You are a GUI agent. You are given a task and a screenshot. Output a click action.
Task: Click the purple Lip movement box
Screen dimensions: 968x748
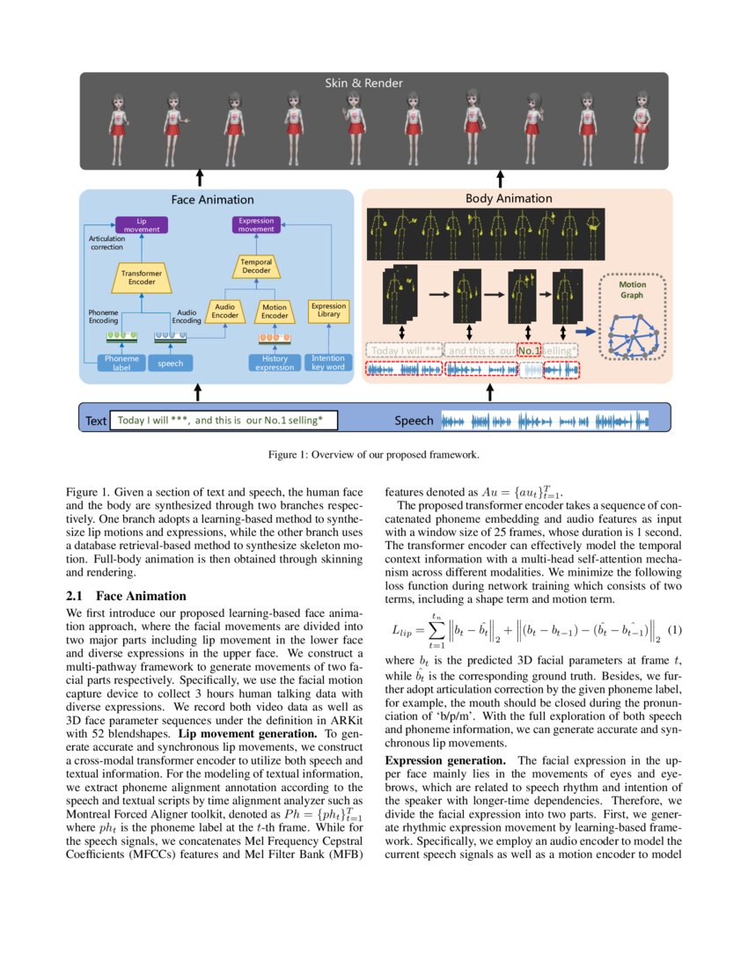point(142,224)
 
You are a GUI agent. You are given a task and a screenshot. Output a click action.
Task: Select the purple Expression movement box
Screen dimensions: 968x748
point(256,224)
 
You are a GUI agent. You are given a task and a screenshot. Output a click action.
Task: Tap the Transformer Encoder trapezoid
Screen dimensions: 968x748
point(138,278)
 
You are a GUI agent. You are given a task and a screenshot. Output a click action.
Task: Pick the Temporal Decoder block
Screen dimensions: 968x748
point(256,266)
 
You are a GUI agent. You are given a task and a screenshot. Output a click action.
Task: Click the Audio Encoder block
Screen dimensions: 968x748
point(224,311)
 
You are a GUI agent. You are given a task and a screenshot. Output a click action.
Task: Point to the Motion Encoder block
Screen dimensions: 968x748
point(275,311)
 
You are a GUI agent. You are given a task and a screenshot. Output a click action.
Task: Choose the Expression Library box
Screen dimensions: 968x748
point(327,311)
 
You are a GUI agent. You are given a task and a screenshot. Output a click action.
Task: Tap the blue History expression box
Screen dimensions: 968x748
point(275,363)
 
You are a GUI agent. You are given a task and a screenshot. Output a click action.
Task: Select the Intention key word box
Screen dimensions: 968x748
point(328,363)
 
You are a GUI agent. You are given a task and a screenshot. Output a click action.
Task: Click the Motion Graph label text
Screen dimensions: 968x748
point(632,290)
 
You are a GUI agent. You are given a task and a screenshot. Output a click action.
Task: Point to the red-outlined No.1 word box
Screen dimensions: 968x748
point(529,350)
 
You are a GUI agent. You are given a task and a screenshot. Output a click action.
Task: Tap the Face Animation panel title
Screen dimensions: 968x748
point(212,200)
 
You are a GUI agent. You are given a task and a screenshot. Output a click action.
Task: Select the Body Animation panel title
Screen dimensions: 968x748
point(509,199)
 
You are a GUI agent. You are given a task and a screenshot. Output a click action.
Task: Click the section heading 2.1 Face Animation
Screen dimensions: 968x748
point(126,596)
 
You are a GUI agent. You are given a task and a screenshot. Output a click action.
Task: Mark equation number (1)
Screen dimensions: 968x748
point(675,630)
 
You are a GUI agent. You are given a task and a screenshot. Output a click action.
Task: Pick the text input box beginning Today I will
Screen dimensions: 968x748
point(223,421)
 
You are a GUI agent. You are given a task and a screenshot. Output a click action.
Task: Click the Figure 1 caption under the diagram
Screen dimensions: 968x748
point(374,456)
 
